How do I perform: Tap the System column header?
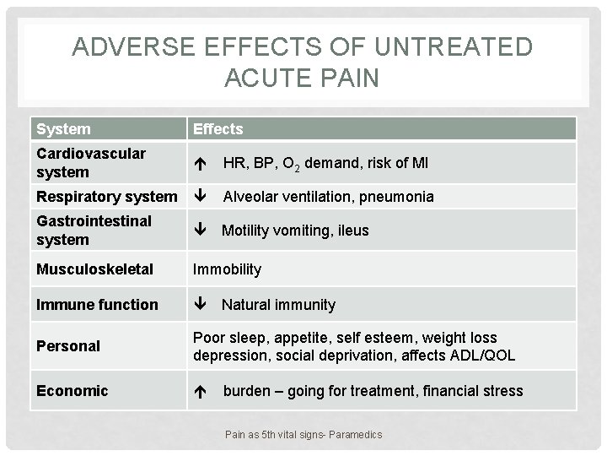tap(63, 129)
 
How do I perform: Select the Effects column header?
tap(218, 129)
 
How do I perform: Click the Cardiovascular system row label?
tap(91, 162)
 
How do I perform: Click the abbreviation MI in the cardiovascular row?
tap(419, 163)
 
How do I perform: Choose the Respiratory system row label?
tap(106, 197)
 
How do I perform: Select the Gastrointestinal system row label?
tap(94, 230)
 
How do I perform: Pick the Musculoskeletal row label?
tap(94, 269)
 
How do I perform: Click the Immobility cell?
tap(227, 269)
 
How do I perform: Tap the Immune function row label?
tap(97, 304)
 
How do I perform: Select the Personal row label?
tap(68, 346)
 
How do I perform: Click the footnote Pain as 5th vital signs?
tap(303, 434)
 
